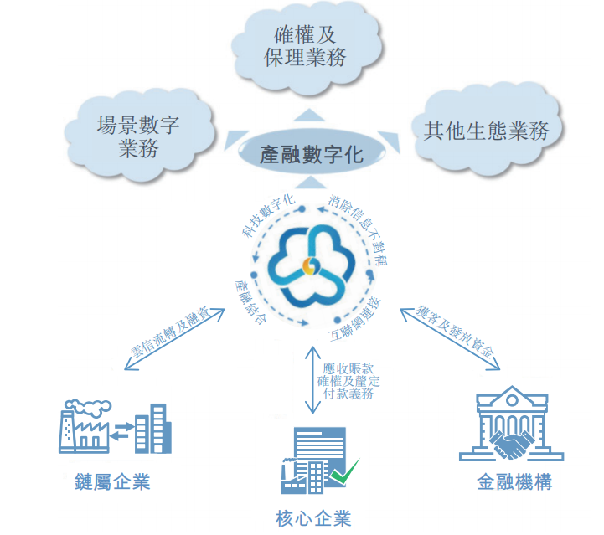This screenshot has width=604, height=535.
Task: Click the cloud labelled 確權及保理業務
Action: pyautogui.click(x=307, y=47)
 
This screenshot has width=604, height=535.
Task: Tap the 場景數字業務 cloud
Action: pyautogui.click(x=139, y=136)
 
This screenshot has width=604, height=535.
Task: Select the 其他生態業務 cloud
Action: pyautogui.click(x=486, y=130)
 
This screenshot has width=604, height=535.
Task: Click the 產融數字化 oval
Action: pyautogui.click(x=312, y=153)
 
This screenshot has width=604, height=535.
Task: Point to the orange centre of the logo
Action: pyautogui.click(x=310, y=266)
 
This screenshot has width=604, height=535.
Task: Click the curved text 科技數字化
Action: pyautogui.click(x=268, y=215)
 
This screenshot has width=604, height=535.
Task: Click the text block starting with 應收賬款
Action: pyautogui.click(x=348, y=381)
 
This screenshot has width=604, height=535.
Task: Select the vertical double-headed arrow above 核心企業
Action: pyautogui.click(x=312, y=380)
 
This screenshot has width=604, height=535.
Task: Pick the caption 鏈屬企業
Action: pyautogui.click(x=112, y=482)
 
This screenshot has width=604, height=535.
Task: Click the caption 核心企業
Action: pyautogui.click(x=313, y=518)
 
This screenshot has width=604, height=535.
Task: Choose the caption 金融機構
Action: pyautogui.click(x=514, y=482)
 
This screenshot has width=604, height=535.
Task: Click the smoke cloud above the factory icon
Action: pyautogui.click(x=88, y=407)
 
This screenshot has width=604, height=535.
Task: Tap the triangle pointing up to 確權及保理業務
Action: pyautogui.click(x=309, y=115)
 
